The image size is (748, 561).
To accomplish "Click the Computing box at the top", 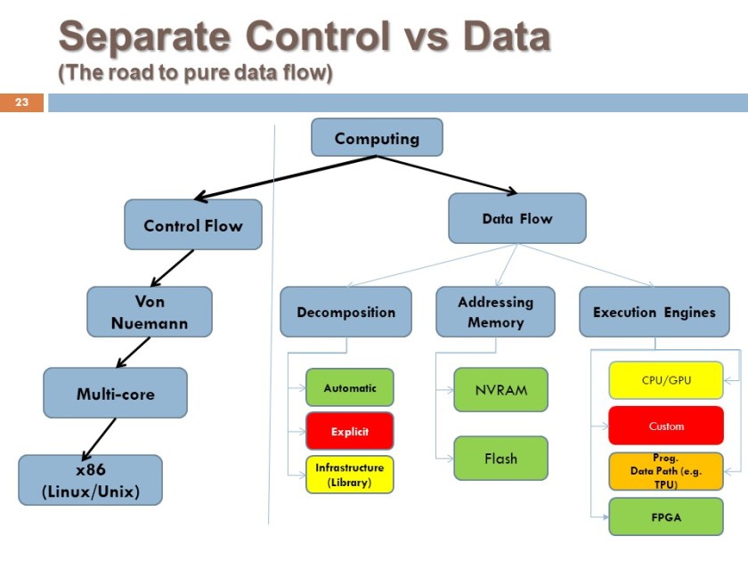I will (x=377, y=138).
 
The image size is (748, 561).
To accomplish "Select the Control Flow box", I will (x=193, y=225).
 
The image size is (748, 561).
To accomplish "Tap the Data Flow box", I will (x=517, y=218).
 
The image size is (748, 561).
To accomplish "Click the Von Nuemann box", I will (x=150, y=312).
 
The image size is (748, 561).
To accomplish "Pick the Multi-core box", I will (x=115, y=393).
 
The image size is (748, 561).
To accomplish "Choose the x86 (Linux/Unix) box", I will (x=90, y=480).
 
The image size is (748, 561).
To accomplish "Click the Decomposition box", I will (x=346, y=312).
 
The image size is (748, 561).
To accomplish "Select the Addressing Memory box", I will (x=495, y=312).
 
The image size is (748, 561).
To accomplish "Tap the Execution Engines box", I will (x=654, y=312).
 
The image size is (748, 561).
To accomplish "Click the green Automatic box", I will (x=349, y=387).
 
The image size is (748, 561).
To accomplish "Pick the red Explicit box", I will (x=349, y=431).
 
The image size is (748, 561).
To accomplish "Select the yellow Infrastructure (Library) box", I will (x=349, y=475).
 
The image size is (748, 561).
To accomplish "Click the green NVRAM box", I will (x=500, y=390).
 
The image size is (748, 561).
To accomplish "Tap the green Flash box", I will (x=500, y=459).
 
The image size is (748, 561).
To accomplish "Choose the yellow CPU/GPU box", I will (x=666, y=380).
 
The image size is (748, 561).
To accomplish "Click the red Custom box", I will (x=666, y=426).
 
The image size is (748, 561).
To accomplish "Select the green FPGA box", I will (x=666, y=516).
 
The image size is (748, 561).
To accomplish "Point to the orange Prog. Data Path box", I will (x=666, y=471).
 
